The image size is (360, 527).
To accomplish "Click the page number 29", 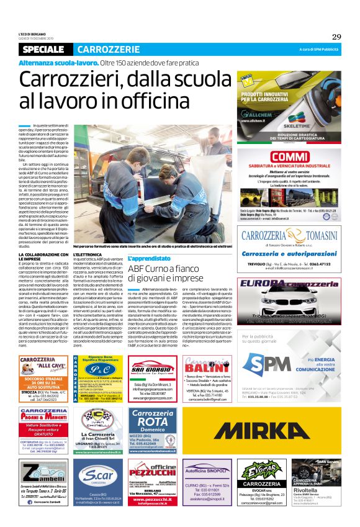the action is coord(336,37).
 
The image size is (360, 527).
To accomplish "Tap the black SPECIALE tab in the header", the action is coord(43,49).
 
